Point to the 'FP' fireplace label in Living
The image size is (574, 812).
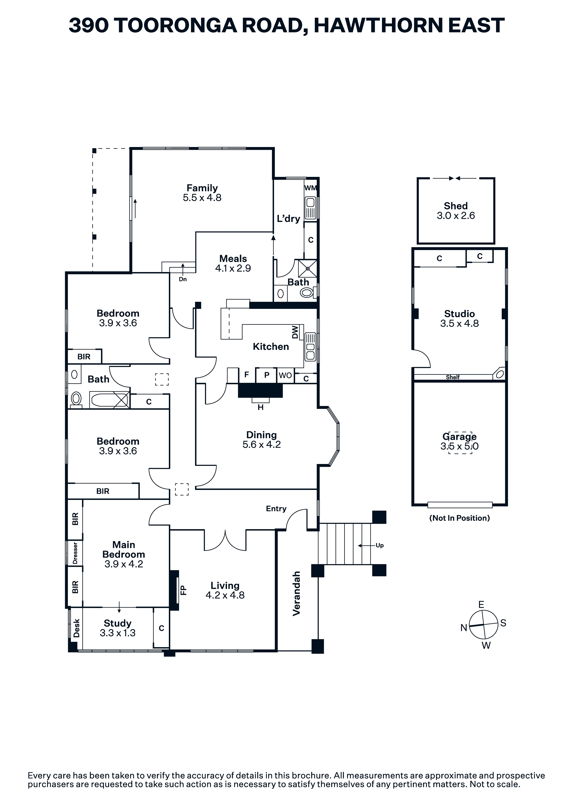click(183, 590)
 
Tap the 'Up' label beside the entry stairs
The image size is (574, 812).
click(380, 545)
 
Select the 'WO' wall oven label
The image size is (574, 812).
click(285, 375)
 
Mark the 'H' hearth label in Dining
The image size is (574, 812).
click(260, 408)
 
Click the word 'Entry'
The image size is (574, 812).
click(276, 508)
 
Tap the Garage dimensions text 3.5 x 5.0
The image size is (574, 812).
click(459, 446)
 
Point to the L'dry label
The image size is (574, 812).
click(288, 219)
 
